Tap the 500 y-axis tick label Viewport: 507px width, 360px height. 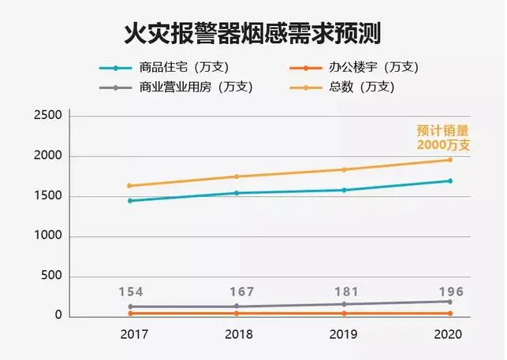tap(52, 276)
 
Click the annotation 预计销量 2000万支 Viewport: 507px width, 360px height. tap(443, 138)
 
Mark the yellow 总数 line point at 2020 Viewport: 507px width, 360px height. tap(450, 160)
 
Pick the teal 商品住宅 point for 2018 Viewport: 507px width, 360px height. tap(237, 193)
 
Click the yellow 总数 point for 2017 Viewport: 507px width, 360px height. tap(129, 186)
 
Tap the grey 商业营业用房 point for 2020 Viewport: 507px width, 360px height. tap(450, 302)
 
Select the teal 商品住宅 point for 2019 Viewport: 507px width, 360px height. tap(343, 190)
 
